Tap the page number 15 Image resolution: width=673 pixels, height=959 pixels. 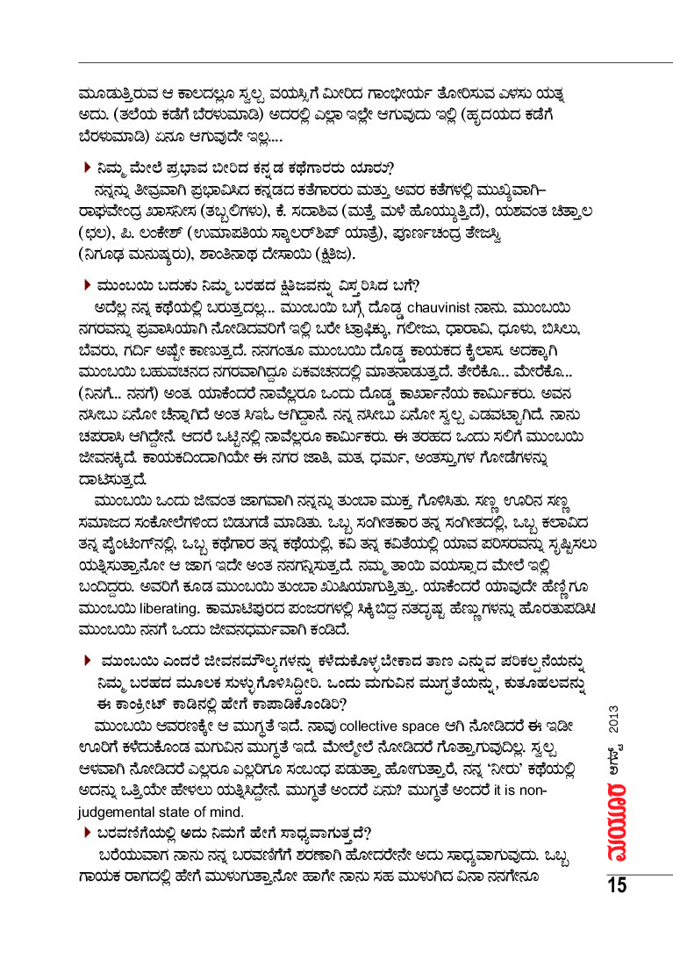(x=615, y=884)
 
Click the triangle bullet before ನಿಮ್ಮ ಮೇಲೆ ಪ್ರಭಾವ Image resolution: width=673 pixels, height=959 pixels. (x=88, y=167)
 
